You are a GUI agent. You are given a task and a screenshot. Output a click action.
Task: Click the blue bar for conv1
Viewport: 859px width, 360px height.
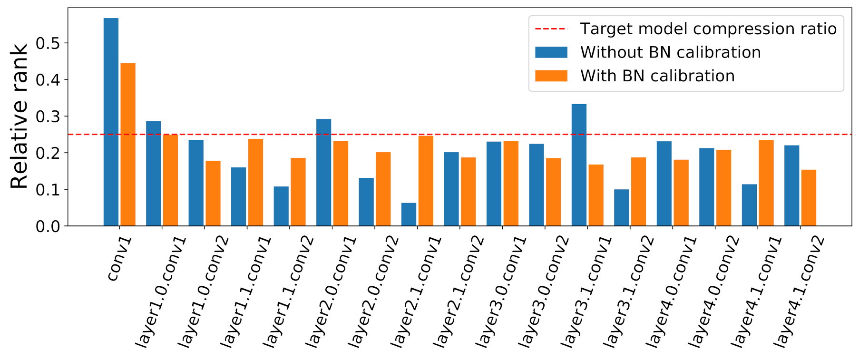[x=111, y=122]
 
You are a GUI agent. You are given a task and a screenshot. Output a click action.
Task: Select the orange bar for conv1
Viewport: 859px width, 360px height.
[x=128, y=145]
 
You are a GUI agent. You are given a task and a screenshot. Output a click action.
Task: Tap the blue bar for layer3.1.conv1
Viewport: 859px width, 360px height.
[x=579, y=165]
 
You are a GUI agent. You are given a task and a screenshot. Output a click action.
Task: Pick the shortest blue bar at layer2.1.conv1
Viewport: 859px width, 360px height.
[x=409, y=214]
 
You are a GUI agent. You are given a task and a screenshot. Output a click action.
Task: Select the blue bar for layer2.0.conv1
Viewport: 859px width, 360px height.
[x=323, y=172]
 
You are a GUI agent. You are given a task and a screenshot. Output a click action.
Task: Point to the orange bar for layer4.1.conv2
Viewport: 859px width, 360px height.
[x=809, y=198]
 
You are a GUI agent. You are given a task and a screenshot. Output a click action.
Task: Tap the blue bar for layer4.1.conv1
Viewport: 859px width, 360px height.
[x=749, y=205]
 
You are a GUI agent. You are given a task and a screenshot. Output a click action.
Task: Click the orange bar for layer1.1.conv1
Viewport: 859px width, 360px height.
[x=255, y=182]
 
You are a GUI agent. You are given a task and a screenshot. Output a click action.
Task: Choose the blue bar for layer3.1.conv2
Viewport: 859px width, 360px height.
[x=621, y=208]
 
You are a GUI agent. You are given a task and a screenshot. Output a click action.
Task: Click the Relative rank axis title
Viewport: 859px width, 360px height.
[x=19, y=117]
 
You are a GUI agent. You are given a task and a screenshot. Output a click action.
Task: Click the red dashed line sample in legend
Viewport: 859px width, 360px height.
[x=551, y=29]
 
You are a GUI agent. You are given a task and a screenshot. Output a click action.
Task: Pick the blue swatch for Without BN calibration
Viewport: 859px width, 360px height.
[x=551, y=52]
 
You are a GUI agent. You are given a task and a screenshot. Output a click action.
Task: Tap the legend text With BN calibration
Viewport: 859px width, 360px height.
[x=657, y=76]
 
